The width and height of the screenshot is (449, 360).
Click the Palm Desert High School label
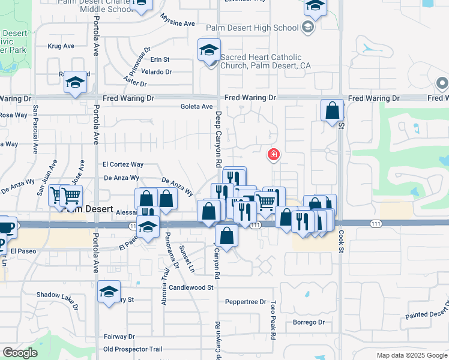(x=252, y=28)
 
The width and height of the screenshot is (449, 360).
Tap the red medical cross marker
(x=274, y=155)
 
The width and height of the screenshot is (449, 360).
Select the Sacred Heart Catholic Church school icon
(x=209, y=50)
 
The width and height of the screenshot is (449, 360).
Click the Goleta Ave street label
(x=197, y=107)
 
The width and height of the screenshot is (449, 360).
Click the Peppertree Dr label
(x=245, y=302)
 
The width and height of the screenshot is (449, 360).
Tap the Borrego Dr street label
(x=309, y=322)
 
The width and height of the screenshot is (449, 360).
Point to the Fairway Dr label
(x=119, y=337)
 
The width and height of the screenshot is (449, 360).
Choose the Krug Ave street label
(x=61, y=46)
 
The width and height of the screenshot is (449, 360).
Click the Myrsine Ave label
(x=178, y=20)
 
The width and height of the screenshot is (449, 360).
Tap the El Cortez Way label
(x=123, y=164)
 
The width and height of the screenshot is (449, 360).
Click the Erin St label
(x=160, y=59)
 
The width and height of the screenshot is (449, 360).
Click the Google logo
(x=20, y=353)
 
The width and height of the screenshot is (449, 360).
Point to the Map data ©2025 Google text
(x=412, y=355)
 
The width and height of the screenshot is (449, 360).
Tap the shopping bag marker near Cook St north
(x=332, y=111)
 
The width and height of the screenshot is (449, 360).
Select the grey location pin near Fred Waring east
(x=442, y=83)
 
